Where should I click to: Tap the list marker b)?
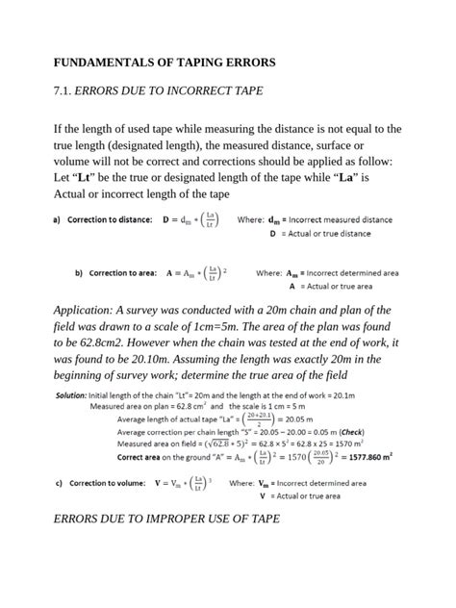coord(79,273)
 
